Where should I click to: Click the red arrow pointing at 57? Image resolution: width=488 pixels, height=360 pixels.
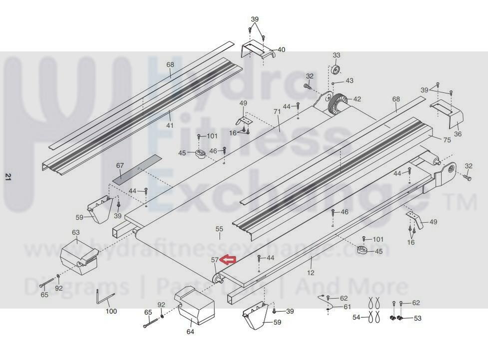coord(229,259)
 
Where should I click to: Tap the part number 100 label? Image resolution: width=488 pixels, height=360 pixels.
coord(111,311)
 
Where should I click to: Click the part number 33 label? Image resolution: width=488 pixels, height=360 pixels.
coord(336,55)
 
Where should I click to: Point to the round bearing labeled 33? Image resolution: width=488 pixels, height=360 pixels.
coord(336,68)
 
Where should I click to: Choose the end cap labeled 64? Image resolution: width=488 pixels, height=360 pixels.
coord(194,307)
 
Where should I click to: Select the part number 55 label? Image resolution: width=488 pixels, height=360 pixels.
coord(219,228)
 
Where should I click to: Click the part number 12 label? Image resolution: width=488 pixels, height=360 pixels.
coord(311,273)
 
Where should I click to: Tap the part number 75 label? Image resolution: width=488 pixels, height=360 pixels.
coord(447,140)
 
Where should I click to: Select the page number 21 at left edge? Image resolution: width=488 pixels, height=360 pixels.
coord(7,176)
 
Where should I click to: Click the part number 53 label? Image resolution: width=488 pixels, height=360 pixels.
coord(418,318)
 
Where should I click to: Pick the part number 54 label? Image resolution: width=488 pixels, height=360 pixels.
coord(356,317)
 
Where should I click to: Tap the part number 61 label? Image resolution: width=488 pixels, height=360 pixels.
coord(347,307)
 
